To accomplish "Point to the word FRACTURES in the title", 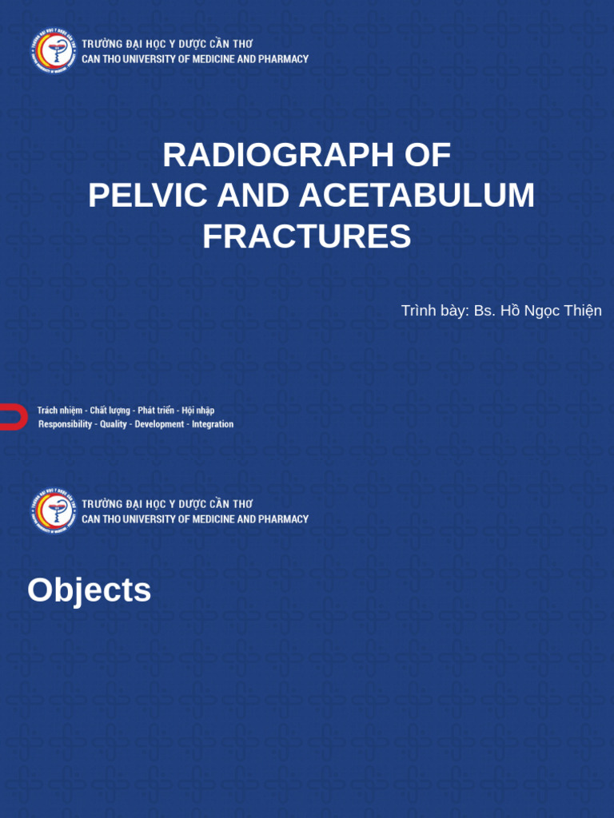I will (306, 236).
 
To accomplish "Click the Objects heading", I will (89, 590).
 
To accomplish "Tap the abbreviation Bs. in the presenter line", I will (484, 311).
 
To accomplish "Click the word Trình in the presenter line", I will (420, 311).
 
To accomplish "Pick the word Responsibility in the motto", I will (66, 424).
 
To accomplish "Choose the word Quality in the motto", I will (114, 424).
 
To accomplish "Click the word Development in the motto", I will (159, 424).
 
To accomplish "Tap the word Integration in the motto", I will (213, 424).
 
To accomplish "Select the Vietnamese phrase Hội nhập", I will (198, 411).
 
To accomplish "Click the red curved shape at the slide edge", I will (11, 417).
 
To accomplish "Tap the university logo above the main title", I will (54, 50).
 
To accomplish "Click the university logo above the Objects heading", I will (54, 510).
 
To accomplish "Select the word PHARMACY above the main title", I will (284, 59).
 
